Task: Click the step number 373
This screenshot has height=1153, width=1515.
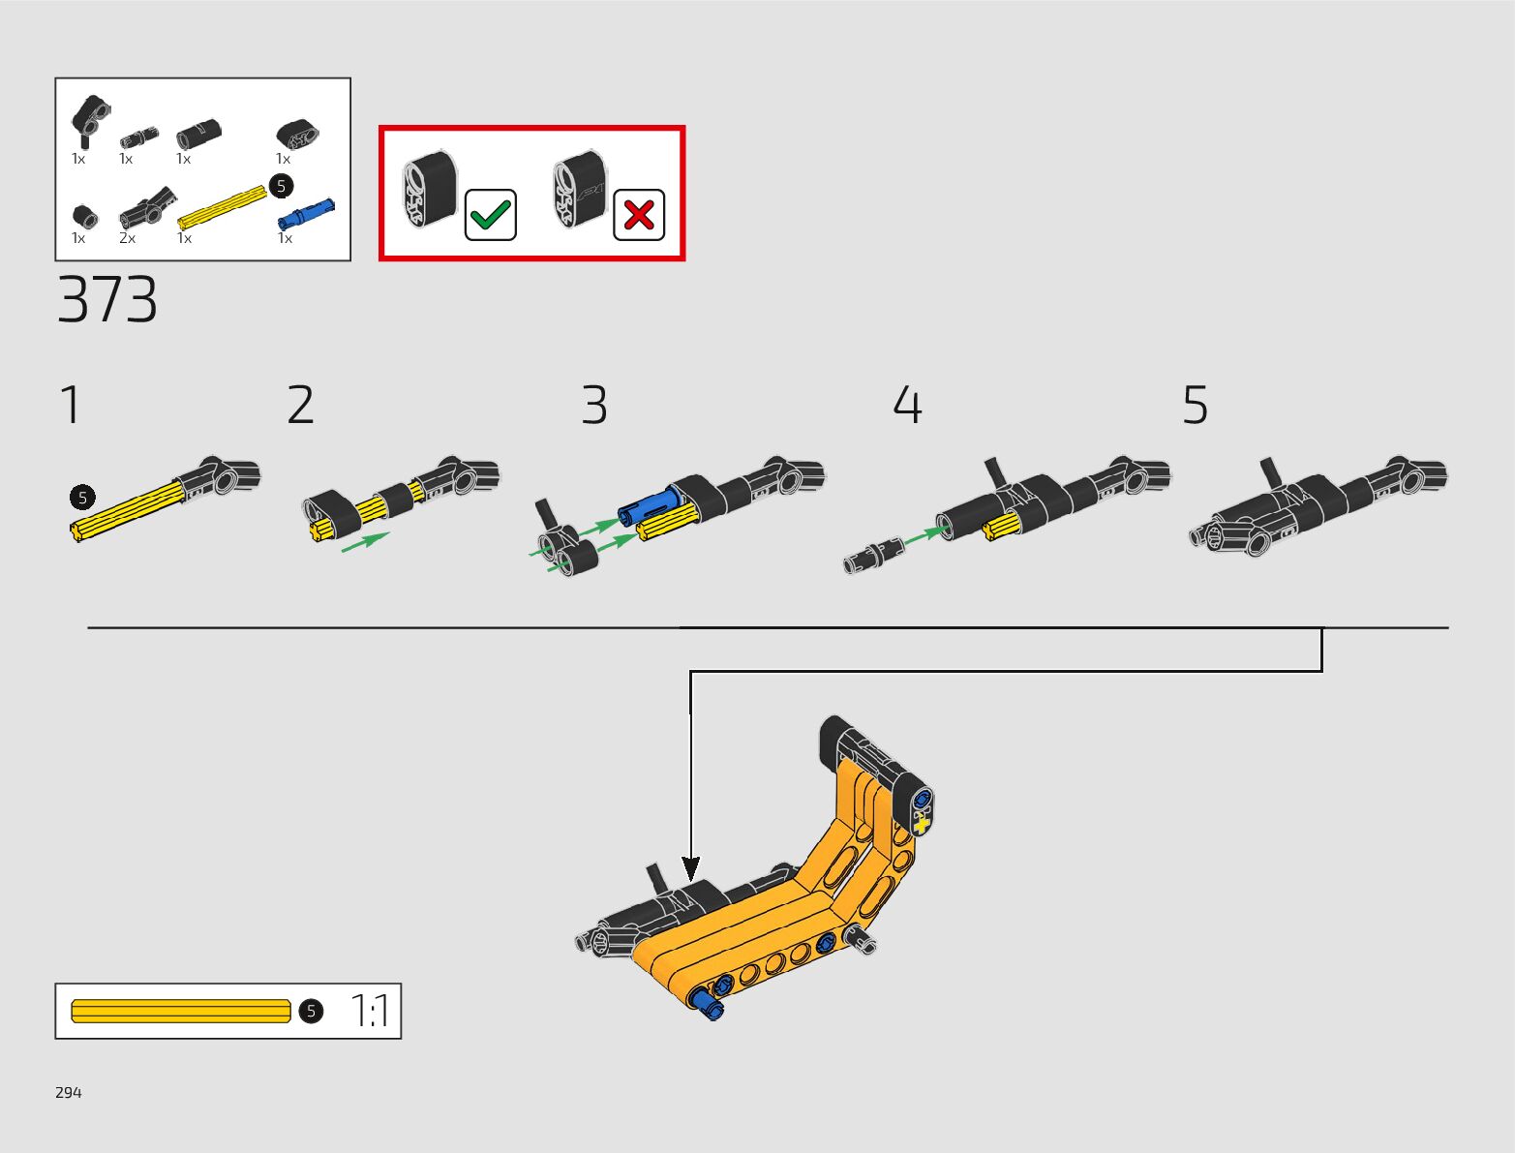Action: coord(107,300)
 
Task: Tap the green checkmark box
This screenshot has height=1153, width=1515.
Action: coord(491,214)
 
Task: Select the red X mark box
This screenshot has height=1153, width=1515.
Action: coord(639,214)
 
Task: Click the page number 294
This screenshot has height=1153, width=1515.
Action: coord(69,1092)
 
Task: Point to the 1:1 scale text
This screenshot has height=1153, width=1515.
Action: coord(369,1011)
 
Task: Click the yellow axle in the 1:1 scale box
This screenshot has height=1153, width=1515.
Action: coord(181,1011)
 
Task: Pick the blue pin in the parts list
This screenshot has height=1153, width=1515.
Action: coord(306,212)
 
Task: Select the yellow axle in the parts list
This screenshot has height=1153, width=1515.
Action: coord(223,205)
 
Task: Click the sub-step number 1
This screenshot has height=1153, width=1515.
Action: coord(71,405)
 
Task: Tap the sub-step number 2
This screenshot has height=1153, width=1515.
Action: coord(300,405)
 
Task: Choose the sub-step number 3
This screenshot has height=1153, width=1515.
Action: coord(594,405)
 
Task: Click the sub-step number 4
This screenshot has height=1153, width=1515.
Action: coord(907,405)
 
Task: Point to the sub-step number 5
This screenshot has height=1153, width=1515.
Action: coord(1196,405)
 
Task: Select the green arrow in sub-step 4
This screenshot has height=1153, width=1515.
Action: coord(924,533)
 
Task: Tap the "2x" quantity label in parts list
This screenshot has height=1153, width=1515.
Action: coord(127,238)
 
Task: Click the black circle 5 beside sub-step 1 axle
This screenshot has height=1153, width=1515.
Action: coord(82,498)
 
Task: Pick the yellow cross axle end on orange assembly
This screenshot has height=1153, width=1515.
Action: coord(922,825)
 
